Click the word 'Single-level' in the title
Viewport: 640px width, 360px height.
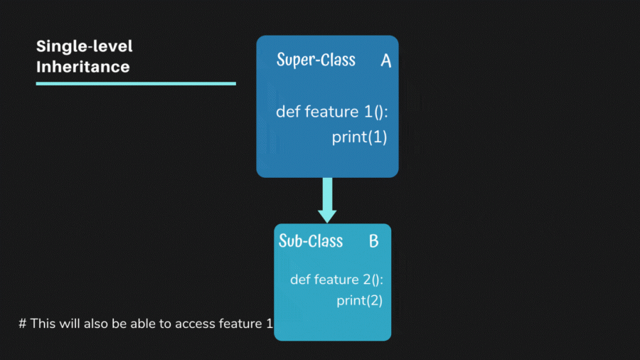click(x=84, y=47)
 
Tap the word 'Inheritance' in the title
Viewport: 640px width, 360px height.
click(x=82, y=68)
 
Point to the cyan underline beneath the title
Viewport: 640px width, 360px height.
click(x=135, y=83)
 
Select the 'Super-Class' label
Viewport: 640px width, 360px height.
click(x=316, y=60)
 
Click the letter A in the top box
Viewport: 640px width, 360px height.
click(x=385, y=61)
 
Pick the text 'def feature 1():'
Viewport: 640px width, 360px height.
click(x=331, y=112)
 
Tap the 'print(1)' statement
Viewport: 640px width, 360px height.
click(x=359, y=137)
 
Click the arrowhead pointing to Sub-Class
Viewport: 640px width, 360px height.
click(x=327, y=214)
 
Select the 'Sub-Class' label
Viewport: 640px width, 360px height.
click(x=310, y=241)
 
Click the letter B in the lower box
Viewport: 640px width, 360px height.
click(x=373, y=242)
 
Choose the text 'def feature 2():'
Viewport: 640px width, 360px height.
click(x=336, y=280)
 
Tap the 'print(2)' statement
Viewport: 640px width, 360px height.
click(x=359, y=300)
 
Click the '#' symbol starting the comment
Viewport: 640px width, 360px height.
click(x=23, y=324)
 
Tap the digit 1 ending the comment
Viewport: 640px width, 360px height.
click(x=270, y=324)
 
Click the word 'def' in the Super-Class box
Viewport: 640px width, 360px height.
click(x=288, y=112)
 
